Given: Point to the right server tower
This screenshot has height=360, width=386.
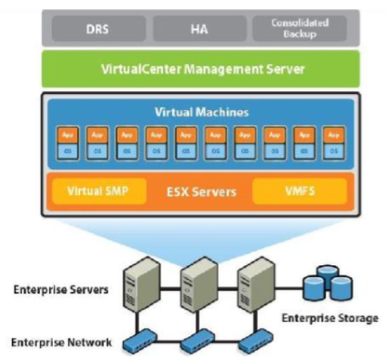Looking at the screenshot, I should [x=253, y=279].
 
